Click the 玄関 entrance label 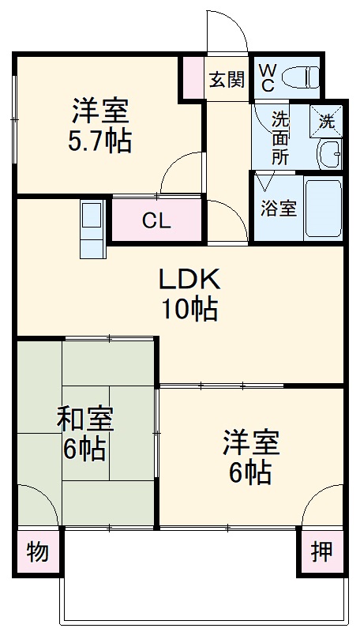(227, 79)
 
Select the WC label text (267, 77)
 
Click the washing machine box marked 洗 (326, 121)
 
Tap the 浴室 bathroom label (279, 209)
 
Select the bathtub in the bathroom (323, 209)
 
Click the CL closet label (156, 220)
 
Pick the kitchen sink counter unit (92, 228)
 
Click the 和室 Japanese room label (84, 419)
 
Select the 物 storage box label (38, 551)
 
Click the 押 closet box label (321, 551)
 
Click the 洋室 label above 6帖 (250, 442)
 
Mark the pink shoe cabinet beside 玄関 (193, 77)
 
